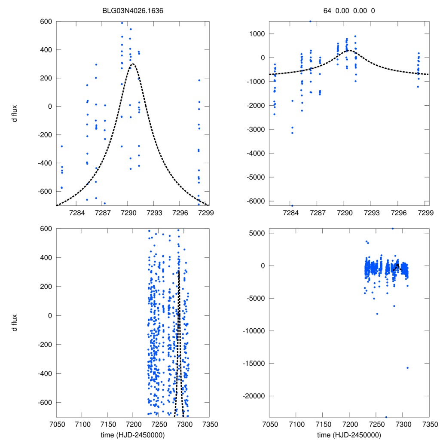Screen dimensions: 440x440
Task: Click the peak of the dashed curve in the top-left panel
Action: (x=132, y=64)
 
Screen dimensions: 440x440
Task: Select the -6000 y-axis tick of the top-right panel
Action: (x=256, y=201)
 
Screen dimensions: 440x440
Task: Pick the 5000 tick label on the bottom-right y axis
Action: (x=257, y=233)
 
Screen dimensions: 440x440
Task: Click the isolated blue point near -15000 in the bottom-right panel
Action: (x=407, y=367)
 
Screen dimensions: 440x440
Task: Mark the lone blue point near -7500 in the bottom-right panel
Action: (x=377, y=314)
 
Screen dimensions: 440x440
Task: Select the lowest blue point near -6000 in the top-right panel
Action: (x=292, y=205)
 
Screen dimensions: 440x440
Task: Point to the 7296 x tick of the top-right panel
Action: (x=399, y=213)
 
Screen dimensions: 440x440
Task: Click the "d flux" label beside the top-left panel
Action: (x=15, y=113)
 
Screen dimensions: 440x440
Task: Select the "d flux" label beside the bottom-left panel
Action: (x=15, y=323)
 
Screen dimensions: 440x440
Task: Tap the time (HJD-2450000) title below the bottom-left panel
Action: (x=132, y=434)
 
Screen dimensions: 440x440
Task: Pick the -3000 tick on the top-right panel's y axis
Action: (x=256, y=129)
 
